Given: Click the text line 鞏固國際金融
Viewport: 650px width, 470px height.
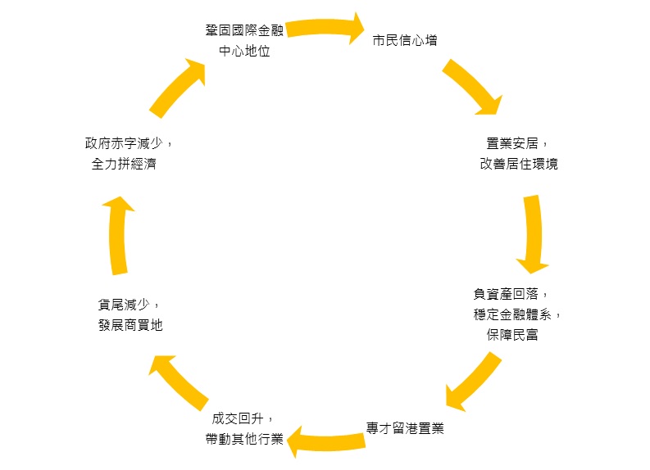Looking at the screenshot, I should (x=244, y=30).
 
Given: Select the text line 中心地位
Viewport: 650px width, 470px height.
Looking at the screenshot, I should (x=244, y=51).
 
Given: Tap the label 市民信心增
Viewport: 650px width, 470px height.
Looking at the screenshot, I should (x=405, y=40).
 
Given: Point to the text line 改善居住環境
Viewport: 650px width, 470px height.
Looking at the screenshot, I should (x=519, y=164).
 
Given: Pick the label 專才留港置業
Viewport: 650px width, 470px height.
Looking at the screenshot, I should (x=405, y=427).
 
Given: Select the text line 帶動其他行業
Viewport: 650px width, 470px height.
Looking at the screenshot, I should (x=244, y=439).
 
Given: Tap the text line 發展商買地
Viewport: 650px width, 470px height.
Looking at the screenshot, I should (x=130, y=325).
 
